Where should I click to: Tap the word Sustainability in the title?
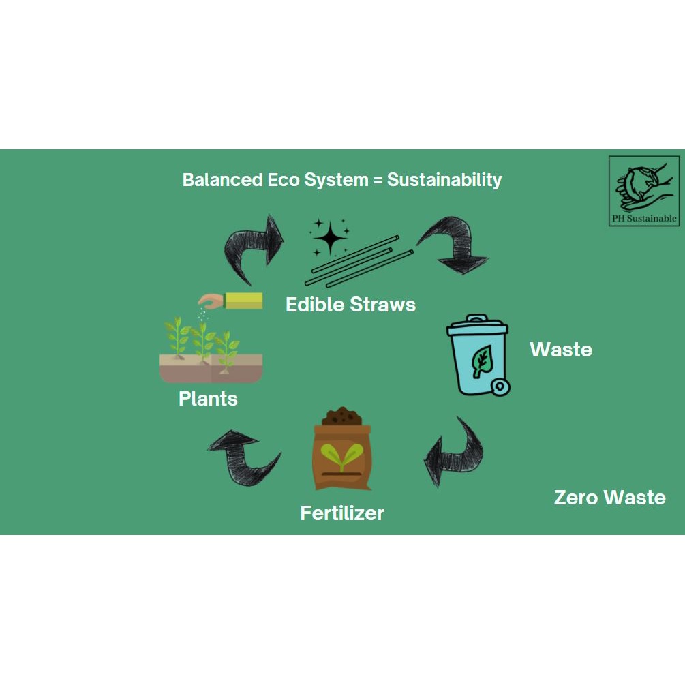click(x=444, y=180)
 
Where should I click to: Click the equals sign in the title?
click(x=378, y=181)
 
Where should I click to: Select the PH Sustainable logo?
click(x=643, y=191)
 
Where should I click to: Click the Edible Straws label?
click(x=350, y=304)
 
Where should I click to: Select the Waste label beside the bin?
click(x=561, y=350)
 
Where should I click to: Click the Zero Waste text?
click(x=609, y=498)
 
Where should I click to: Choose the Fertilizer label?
click(x=342, y=513)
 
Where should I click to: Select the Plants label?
click(x=208, y=399)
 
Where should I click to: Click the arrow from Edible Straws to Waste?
click(x=454, y=244)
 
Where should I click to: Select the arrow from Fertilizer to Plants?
click(x=243, y=457)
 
